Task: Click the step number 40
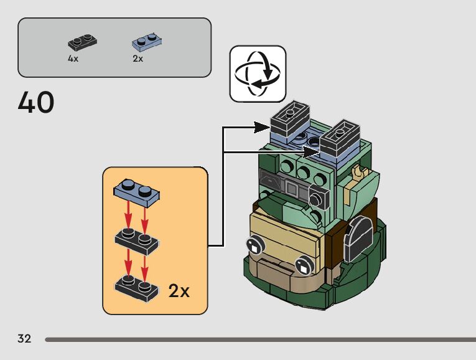point(36,102)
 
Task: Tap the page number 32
point(24,338)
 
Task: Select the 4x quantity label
point(73,59)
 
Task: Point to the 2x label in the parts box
point(138,59)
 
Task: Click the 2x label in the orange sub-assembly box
point(179,291)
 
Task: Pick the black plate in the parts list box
point(82,42)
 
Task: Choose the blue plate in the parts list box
point(147,41)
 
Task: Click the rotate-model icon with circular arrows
point(258,73)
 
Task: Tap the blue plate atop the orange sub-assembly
point(137,193)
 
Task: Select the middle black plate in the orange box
point(137,241)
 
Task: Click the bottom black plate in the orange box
point(137,288)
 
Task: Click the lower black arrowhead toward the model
point(311,151)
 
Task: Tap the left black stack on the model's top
point(290,117)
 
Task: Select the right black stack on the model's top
point(340,136)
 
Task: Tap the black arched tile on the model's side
point(358,239)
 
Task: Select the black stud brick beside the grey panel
point(319,198)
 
